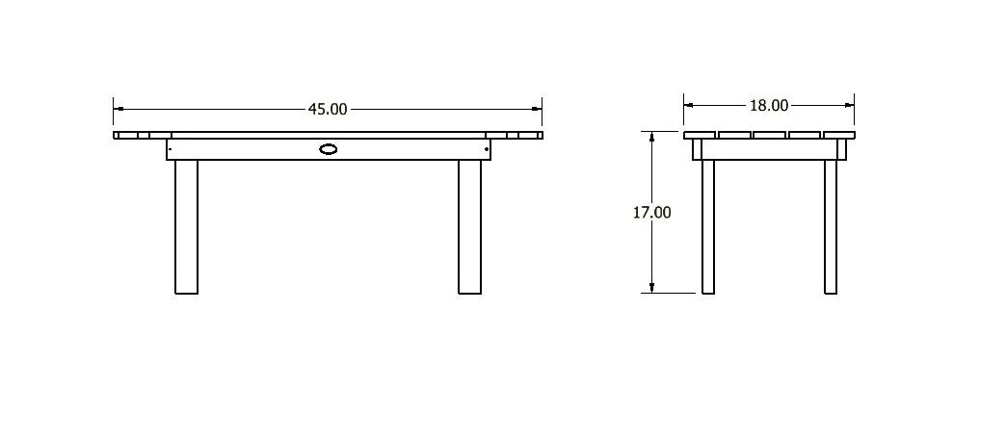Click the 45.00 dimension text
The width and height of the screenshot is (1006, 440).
coord(328,109)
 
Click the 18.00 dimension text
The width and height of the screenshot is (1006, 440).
coord(768,105)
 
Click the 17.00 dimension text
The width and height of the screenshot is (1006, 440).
coord(651,212)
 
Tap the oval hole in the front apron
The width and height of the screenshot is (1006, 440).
coord(329,149)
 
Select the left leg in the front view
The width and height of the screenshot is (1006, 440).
coord(186,226)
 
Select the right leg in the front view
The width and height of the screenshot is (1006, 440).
coord(469,226)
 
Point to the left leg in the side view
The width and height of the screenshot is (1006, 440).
coord(708,226)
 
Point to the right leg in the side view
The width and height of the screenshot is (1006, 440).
coord(831,226)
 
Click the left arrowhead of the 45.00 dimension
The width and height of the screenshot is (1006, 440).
coord(119,109)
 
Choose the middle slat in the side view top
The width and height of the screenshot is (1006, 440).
coord(769,135)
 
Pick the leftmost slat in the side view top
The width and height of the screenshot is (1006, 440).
coord(700,135)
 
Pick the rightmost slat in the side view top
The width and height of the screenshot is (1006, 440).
coord(838,135)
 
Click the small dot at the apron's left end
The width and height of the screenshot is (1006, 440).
coord(171,149)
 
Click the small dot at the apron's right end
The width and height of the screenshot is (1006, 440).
coord(487,149)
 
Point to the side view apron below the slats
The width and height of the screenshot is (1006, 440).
coord(769,149)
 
